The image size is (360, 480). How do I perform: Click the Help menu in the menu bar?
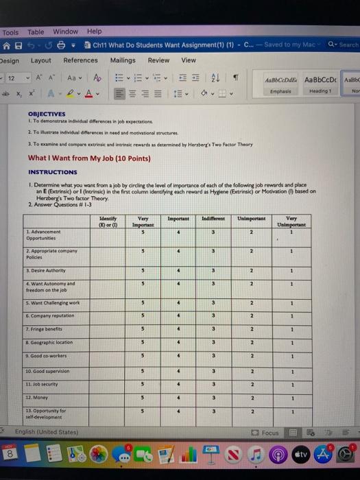click(94, 32)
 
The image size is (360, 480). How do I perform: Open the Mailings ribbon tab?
click(123, 60)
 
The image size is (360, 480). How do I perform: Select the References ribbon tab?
click(80, 60)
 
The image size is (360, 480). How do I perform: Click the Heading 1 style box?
click(320, 85)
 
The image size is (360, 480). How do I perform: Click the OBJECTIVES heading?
click(47, 115)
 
